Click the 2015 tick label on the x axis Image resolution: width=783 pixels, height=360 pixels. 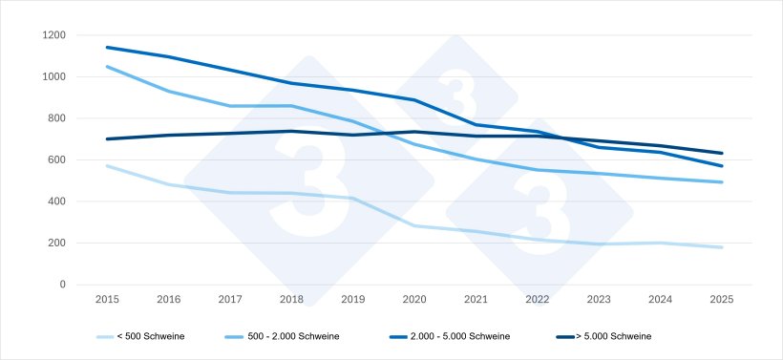(107, 299)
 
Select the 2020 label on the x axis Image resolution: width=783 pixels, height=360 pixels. (414, 299)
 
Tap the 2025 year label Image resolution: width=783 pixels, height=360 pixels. (722, 299)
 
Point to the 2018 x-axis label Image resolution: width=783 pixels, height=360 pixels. (291, 299)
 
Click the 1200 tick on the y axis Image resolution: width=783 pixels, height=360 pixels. (53, 35)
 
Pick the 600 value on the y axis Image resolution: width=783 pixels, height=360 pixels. (57, 159)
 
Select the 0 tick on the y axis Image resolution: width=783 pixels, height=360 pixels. (62, 285)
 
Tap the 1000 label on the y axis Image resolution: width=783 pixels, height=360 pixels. (53, 76)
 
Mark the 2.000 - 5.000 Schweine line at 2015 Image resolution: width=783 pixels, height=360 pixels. (107, 47)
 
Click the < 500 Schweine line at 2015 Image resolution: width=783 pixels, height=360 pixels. (107, 165)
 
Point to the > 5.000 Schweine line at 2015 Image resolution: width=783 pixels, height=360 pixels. (107, 138)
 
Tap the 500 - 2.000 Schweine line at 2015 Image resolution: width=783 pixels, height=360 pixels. (107, 66)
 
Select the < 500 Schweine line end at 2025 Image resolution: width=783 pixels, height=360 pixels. (722, 247)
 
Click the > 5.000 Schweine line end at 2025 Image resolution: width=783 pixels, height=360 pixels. (722, 153)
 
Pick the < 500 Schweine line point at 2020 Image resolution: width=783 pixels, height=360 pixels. (414, 225)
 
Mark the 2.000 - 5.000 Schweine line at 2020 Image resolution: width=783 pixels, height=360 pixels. (414, 100)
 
